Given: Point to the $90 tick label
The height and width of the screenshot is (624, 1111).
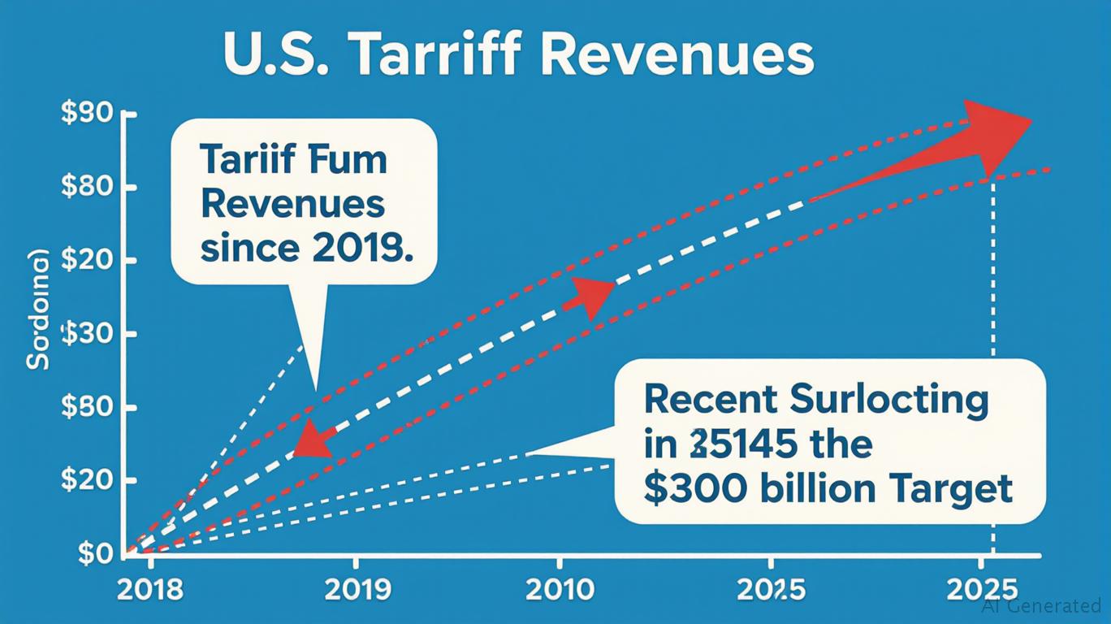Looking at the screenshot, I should point(86,114).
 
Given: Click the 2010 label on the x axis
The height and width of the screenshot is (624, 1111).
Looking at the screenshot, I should point(559,589).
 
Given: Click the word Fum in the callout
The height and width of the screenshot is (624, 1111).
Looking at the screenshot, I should point(348,160).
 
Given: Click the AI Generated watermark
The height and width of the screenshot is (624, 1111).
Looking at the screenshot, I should point(1041,605).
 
